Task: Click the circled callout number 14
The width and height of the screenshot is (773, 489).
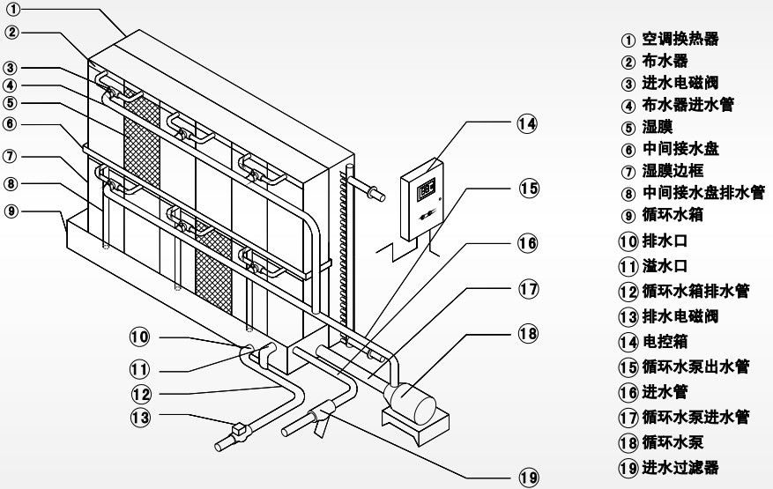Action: point(527,123)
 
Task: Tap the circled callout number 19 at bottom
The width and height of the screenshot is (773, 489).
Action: point(529,477)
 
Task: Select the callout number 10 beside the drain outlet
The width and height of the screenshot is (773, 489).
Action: point(139,337)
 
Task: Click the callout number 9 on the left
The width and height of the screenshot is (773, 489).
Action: point(11,211)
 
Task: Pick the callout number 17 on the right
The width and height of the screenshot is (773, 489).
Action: point(529,289)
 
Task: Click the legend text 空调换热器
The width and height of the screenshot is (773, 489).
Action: point(680,39)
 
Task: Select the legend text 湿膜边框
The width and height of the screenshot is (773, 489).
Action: point(673,171)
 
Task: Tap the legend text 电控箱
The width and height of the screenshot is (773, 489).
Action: point(665,341)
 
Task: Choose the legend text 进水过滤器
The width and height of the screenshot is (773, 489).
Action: point(680,467)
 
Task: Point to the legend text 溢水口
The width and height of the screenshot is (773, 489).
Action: point(665,266)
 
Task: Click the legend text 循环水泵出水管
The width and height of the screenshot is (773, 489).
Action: point(695,367)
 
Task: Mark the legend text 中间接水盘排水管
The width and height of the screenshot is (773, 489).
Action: point(703,192)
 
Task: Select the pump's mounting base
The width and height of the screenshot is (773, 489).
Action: point(415,427)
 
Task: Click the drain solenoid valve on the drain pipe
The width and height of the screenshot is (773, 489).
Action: point(241,430)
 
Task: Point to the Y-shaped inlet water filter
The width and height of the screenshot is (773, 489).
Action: point(321,417)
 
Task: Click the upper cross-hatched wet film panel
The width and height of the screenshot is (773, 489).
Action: point(142,137)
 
